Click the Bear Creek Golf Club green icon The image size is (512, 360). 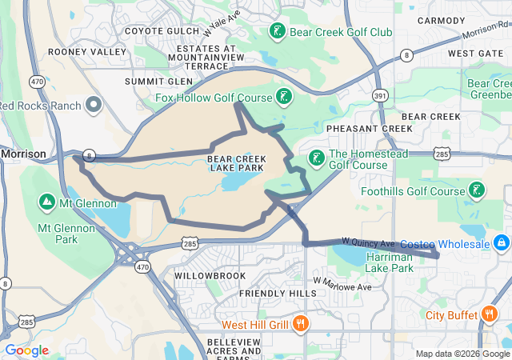pyautogui.click(x=277, y=32)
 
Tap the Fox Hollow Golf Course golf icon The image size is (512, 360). pyautogui.click(x=283, y=98)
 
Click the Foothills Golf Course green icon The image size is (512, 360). pyautogui.click(x=477, y=190)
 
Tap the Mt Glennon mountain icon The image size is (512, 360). pyautogui.click(x=46, y=201)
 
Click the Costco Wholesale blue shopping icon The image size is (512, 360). pyautogui.click(x=501, y=242)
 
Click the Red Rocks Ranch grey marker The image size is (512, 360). pyautogui.click(x=94, y=105)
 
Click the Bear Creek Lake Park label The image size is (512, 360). pyautogui.click(x=235, y=163)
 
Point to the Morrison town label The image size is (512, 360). pyautogui.click(x=23, y=153)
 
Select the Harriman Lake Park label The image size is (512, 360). pyautogui.click(x=390, y=262)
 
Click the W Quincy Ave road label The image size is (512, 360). pyautogui.click(x=369, y=242)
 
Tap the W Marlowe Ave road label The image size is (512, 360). pyautogui.click(x=344, y=284)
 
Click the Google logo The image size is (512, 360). pyautogui.click(x=27, y=350)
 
